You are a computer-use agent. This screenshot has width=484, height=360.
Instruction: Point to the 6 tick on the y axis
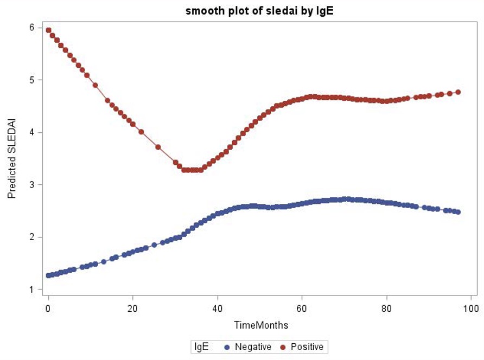tap(32, 28)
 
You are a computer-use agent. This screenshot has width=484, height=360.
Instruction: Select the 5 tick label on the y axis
tap(32, 80)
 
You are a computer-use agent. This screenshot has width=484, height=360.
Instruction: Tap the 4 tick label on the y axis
tap(32, 132)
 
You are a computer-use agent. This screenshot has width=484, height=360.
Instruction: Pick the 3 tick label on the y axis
tap(32, 185)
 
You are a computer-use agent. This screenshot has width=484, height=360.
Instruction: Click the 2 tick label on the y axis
tap(32, 237)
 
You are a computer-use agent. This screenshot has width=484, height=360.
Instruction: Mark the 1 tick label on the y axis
tap(32, 290)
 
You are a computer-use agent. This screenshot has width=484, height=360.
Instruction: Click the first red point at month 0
tap(48, 30)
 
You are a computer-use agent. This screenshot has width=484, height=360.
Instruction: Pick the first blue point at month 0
tap(48, 275)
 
